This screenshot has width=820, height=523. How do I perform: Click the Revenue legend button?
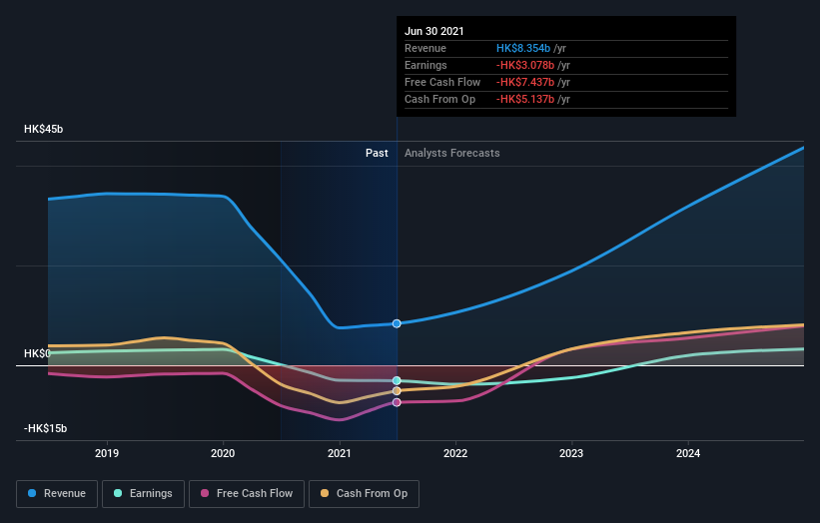(56, 493)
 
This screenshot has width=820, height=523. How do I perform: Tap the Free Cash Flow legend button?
(246, 493)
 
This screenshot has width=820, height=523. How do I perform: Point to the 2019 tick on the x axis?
(107, 453)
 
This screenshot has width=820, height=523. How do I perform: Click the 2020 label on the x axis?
(223, 453)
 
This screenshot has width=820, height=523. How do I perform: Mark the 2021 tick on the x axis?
(340, 453)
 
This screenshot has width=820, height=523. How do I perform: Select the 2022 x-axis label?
(455, 453)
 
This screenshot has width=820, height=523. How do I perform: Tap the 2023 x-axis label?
(571, 453)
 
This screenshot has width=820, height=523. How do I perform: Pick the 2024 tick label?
(687, 453)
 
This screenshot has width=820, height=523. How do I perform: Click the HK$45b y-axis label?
(44, 130)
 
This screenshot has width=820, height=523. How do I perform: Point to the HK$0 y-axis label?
(38, 354)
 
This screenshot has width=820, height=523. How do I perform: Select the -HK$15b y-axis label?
(46, 429)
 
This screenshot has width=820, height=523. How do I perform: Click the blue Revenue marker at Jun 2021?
(397, 323)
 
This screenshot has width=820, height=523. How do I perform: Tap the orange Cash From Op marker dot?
(397, 391)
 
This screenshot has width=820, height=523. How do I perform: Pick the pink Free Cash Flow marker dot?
(397, 402)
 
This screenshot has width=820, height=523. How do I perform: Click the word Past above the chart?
(377, 153)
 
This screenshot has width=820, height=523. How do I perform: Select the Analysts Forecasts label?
(451, 153)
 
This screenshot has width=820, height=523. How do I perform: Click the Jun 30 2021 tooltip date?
(433, 31)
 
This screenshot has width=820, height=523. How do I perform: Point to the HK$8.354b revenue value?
(524, 48)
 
